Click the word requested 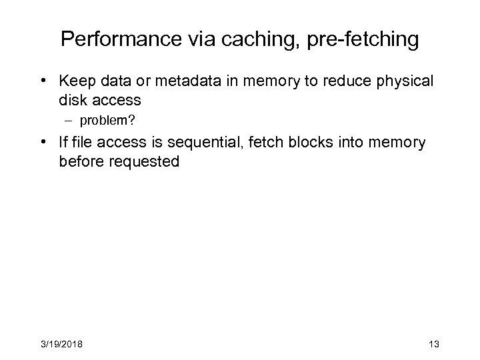(141, 162)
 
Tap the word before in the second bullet (79, 162)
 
